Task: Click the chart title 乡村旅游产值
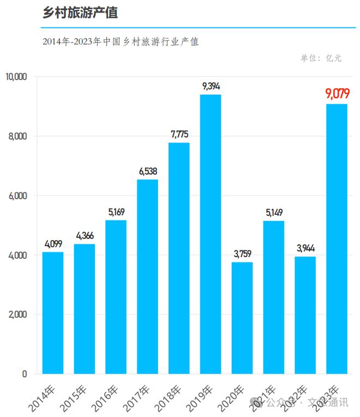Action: tap(80, 14)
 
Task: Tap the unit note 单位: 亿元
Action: tap(321, 58)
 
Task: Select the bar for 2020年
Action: tap(242, 318)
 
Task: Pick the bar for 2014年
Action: tap(53, 313)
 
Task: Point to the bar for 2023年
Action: tap(337, 239)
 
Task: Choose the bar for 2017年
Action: tap(147, 276)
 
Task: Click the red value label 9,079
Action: tap(337, 94)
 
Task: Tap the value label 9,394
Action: tap(211, 86)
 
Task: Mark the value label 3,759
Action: tap(242, 253)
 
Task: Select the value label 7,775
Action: tap(179, 134)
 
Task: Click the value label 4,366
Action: tap(85, 235)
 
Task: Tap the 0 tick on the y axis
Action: tap(24, 374)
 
